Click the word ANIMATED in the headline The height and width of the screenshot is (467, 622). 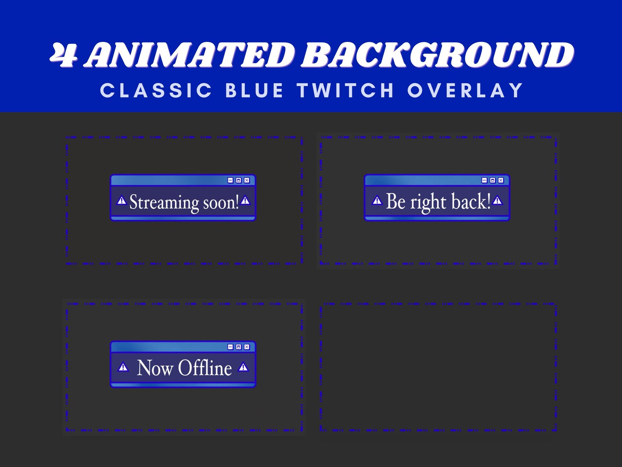(190, 55)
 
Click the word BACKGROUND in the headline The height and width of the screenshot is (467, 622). (438, 55)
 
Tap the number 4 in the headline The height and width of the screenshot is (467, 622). (63, 55)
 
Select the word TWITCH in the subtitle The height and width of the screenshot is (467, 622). (345, 91)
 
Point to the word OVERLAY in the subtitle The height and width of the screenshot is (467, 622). (465, 91)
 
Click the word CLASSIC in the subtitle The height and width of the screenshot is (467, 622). (156, 91)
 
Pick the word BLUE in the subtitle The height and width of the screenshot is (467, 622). (254, 91)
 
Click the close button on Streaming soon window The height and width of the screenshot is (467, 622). (247, 180)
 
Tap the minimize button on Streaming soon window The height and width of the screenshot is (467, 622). (230, 180)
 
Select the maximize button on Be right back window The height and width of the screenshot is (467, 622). (492, 180)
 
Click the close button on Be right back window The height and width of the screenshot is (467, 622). (501, 180)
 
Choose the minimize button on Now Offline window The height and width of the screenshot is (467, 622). (230, 347)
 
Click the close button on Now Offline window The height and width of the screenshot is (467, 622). (247, 347)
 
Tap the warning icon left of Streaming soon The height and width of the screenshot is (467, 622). (122, 201)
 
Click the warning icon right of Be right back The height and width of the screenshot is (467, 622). (497, 201)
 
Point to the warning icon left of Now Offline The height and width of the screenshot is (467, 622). (123, 367)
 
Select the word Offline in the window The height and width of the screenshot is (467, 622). (205, 368)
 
